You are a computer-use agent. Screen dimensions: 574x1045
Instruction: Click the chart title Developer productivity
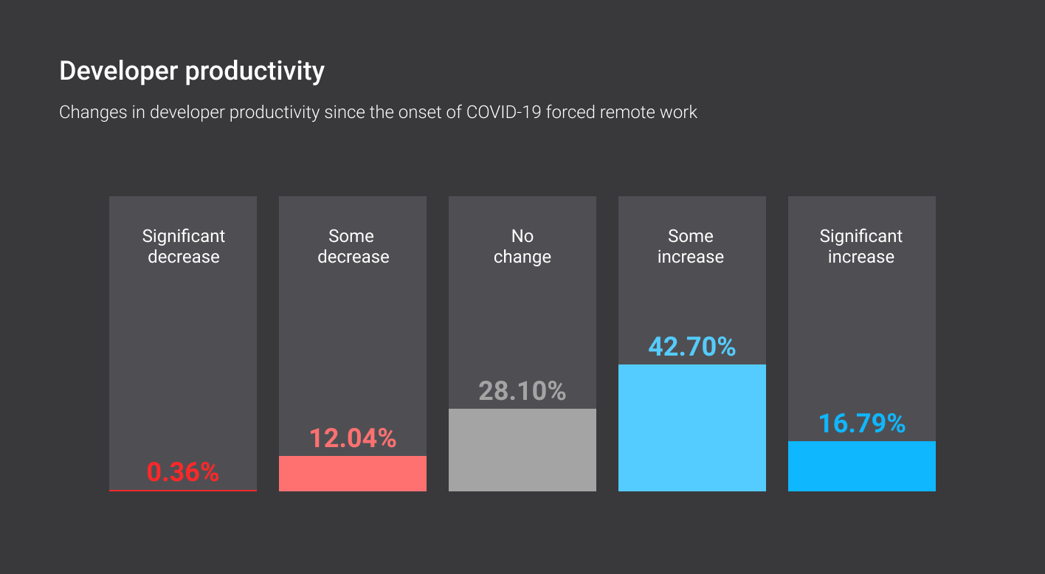pyautogui.click(x=192, y=72)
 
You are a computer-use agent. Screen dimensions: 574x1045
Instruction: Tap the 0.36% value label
pyautogui.click(x=183, y=472)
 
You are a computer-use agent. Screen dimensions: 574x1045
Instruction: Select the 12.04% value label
pyautogui.click(x=353, y=438)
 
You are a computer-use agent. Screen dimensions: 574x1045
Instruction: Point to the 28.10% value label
pyautogui.click(x=522, y=391)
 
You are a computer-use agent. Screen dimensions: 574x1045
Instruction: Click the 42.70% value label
pyautogui.click(x=692, y=347)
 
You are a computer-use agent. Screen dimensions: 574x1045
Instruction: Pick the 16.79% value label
pyautogui.click(x=862, y=423)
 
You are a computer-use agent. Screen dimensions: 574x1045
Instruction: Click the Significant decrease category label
pyautogui.click(x=183, y=246)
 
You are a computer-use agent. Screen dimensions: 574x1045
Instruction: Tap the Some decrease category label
pyautogui.click(x=353, y=246)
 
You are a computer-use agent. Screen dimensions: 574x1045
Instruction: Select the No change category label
pyautogui.click(x=522, y=246)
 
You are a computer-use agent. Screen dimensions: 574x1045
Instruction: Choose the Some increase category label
pyautogui.click(x=692, y=246)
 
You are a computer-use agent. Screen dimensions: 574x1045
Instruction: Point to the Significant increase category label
pyautogui.click(x=861, y=246)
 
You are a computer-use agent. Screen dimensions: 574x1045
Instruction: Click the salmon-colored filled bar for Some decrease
pyautogui.click(x=353, y=474)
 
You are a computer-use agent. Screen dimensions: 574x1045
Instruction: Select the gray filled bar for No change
pyautogui.click(x=522, y=450)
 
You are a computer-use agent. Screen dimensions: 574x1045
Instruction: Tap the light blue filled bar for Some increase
pyautogui.click(x=692, y=428)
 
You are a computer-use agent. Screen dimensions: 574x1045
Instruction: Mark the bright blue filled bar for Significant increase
pyautogui.click(x=862, y=466)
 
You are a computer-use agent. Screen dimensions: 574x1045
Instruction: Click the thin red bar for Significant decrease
pyautogui.click(x=183, y=490)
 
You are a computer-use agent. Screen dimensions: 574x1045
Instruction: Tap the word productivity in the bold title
pyautogui.click(x=255, y=72)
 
